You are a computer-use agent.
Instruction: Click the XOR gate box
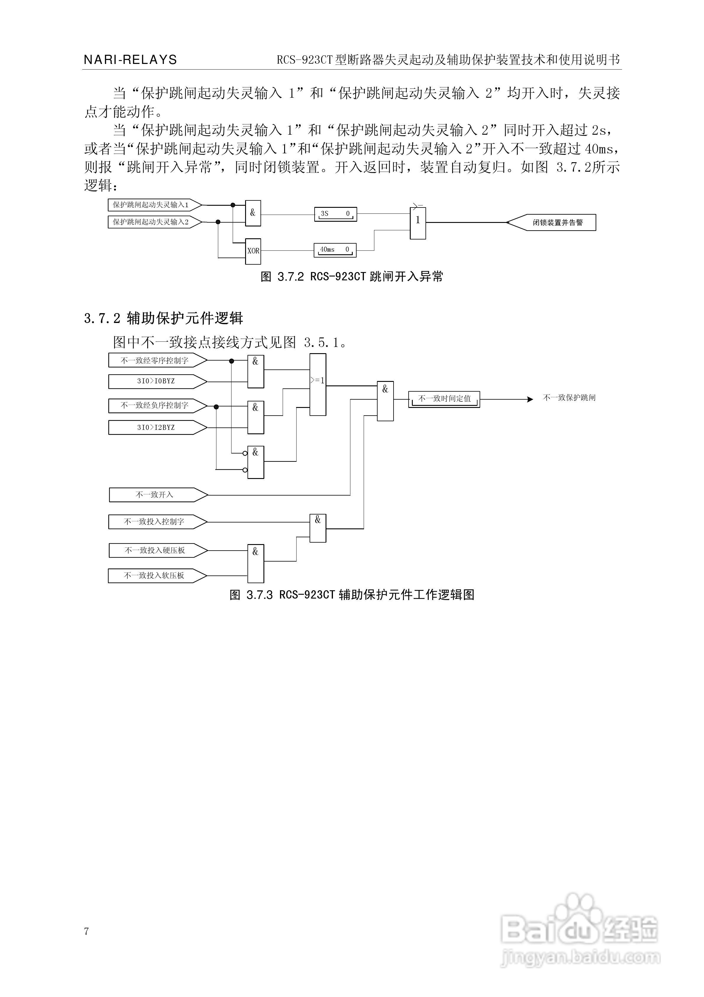253,251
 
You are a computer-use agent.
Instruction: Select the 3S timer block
335,214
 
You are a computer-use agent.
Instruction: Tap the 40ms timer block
335,250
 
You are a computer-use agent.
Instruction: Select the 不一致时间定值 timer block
444,399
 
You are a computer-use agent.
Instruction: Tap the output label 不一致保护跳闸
569,398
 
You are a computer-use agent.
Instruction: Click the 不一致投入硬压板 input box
155,550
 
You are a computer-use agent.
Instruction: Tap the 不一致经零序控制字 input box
155,361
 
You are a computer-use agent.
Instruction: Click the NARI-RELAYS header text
130,60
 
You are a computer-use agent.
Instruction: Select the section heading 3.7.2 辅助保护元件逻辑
164,318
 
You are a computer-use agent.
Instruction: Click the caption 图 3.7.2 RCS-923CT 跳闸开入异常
352,276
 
